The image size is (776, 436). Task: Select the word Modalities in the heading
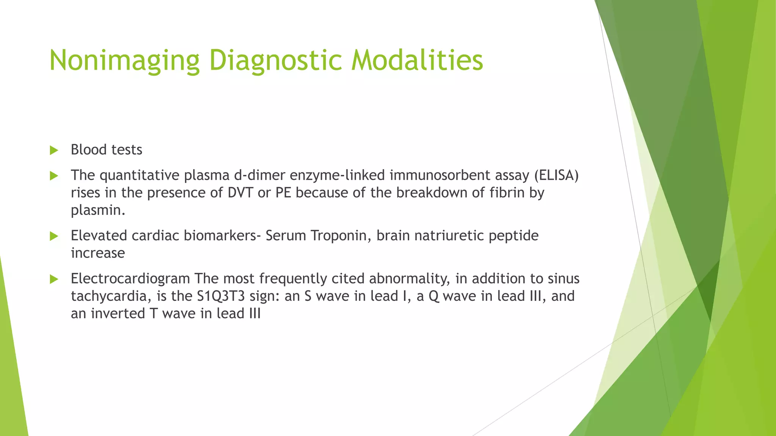coord(417,61)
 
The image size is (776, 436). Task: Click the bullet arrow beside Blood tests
coord(54,150)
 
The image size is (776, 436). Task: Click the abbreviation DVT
coord(240,193)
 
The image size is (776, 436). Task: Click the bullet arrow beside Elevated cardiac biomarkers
coord(54,237)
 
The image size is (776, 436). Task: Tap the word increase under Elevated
coord(98,253)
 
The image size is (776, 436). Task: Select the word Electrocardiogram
coord(130,279)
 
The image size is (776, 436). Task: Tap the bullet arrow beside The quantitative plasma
coord(54,176)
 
